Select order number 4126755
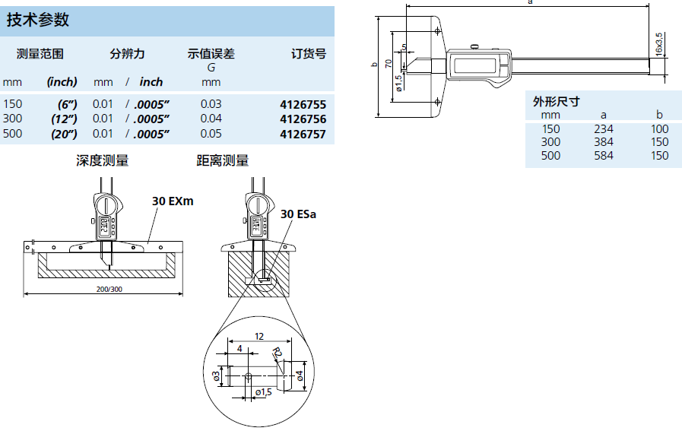(x=303, y=104)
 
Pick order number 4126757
(x=303, y=135)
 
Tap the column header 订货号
(x=309, y=54)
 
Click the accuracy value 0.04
(x=211, y=119)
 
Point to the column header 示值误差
(x=211, y=54)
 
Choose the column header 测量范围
(x=40, y=54)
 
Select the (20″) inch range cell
(x=62, y=135)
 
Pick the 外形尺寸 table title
(x=556, y=100)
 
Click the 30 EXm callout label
(x=173, y=201)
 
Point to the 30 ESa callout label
(x=298, y=214)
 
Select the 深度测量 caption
(x=102, y=160)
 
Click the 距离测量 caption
(x=222, y=160)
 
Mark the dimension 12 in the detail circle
(x=259, y=336)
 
